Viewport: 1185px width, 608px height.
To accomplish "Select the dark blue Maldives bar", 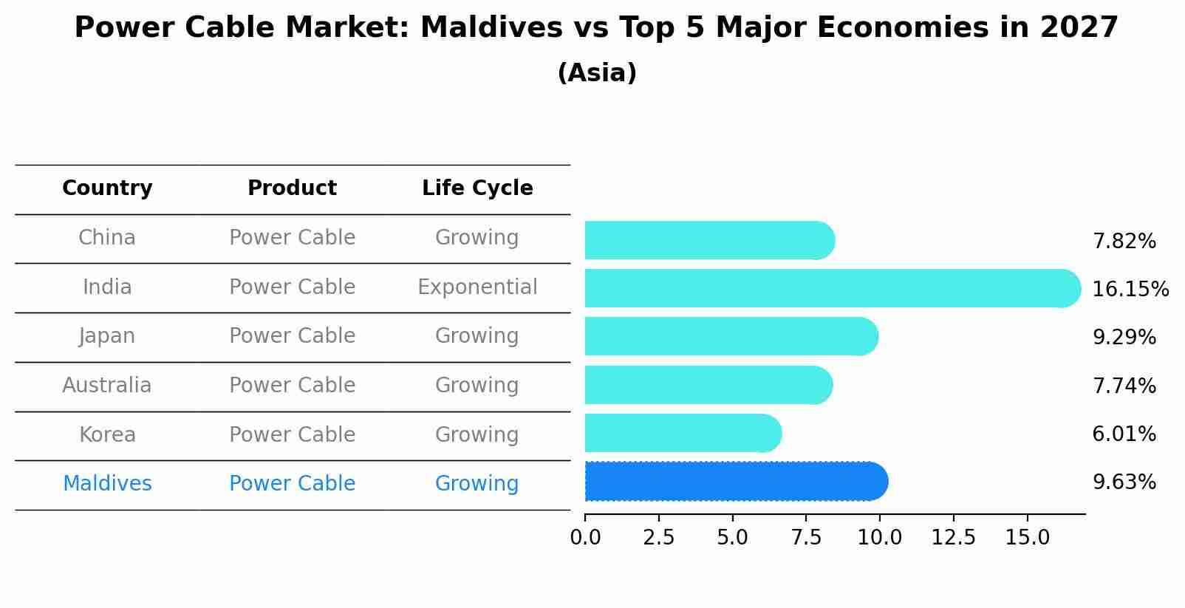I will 735,482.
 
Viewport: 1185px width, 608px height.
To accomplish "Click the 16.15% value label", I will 1130,289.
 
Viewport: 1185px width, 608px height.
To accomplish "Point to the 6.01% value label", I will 1124,434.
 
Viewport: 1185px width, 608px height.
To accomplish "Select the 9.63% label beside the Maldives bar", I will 1124,482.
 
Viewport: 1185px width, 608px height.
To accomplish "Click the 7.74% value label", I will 1124,386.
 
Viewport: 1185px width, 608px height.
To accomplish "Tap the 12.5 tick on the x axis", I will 953,538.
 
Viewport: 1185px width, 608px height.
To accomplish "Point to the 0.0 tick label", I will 585,538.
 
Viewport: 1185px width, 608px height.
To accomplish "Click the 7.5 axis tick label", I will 806,538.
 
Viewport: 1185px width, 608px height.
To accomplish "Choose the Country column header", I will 107,188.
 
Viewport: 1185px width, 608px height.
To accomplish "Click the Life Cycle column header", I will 477,188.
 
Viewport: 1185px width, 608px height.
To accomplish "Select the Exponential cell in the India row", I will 477,287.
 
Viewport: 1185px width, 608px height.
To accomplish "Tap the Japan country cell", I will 107,336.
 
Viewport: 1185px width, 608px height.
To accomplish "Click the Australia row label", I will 107,386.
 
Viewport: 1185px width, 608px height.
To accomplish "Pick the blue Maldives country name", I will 107,484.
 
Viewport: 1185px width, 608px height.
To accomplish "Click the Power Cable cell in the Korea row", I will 292,435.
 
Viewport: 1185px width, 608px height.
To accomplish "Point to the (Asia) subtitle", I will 597,73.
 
